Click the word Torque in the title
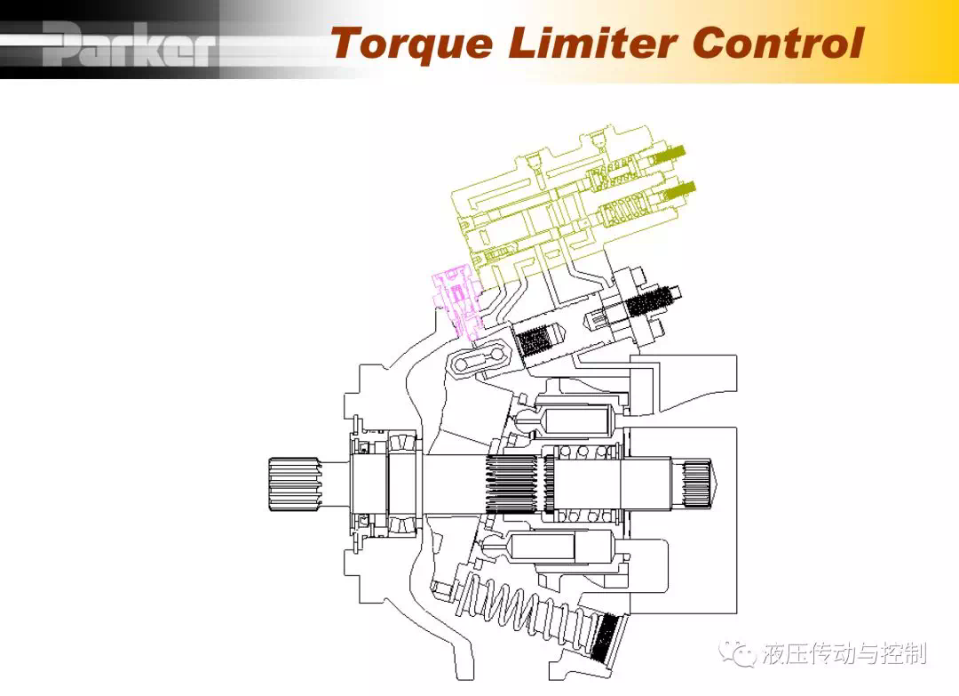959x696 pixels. point(412,44)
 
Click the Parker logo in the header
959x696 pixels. point(130,44)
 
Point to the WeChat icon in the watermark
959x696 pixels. point(738,653)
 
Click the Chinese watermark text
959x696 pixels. point(844,653)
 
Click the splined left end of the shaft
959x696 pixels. point(294,484)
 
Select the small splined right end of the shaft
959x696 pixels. point(697,484)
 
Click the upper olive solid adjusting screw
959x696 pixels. point(669,156)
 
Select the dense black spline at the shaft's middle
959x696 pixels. point(514,484)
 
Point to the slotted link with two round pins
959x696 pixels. point(481,361)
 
